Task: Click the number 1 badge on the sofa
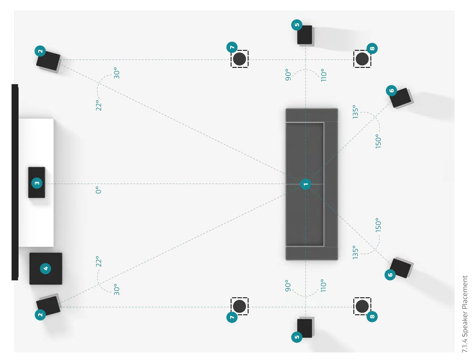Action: point(306,184)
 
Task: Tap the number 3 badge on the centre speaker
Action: point(37,183)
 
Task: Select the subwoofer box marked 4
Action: point(46,268)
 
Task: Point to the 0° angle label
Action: point(98,190)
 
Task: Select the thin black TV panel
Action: point(15,182)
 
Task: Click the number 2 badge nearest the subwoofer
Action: point(40,314)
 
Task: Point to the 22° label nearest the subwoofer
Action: point(98,262)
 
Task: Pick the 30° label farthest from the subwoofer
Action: point(116,73)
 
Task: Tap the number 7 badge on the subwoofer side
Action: point(232,317)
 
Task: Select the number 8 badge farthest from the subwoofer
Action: point(372,48)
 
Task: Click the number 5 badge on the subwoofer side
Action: point(297,337)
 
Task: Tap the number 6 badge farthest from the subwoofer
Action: point(392,90)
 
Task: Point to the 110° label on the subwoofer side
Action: point(323,286)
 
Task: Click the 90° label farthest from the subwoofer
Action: point(288,75)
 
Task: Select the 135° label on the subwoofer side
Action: point(356,252)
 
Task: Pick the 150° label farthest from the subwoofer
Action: point(378,141)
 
